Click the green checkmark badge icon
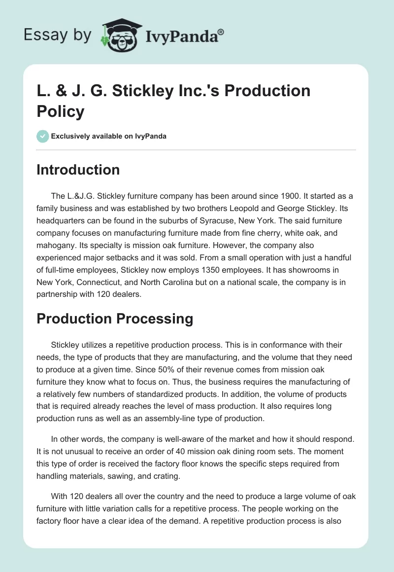click(x=43, y=136)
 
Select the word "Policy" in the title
click(x=61, y=111)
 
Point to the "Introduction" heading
click(x=78, y=170)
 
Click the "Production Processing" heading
click(x=115, y=319)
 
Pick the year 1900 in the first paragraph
click(x=275, y=196)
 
